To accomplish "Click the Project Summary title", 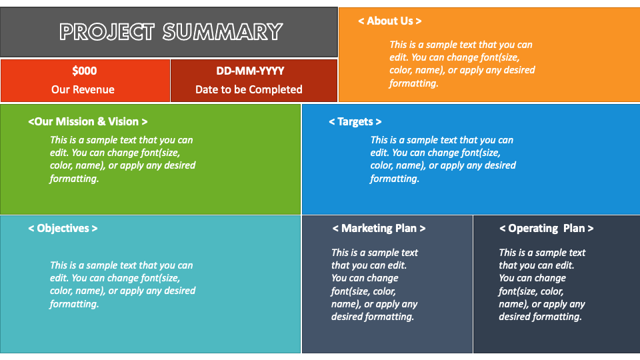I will [x=171, y=31].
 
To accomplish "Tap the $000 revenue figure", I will [x=84, y=71].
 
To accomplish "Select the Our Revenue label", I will [x=83, y=89].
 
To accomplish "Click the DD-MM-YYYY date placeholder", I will [x=250, y=71].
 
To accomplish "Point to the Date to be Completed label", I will [x=249, y=89].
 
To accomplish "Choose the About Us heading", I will [x=389, y=21].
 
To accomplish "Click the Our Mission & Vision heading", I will [x=88, y=121].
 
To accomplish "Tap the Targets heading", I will [x=355, y=121].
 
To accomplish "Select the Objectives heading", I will [x=63, y=228].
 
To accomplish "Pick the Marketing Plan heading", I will [x=379, y=228].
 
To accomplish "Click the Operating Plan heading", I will [x=546, y=228].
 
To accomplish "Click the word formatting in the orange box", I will [x=413, y=83].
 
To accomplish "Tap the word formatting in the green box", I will [x=74, y=179].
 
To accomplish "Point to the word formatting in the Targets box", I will [x=395, y=179].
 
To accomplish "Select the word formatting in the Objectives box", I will [x=74, y=304].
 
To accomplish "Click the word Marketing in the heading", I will [x=367, y=228].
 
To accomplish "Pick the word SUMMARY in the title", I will [x=222, y=31].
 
